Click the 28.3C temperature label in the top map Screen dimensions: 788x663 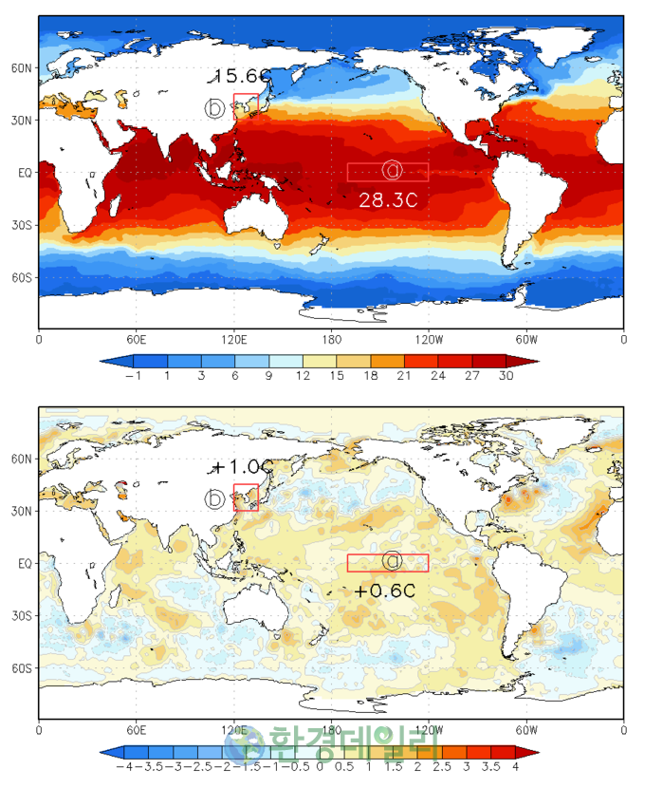click(x=388, y=199)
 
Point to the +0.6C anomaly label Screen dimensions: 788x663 click(x=386, y=591)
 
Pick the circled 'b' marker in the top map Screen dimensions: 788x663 click(x=215, y=107)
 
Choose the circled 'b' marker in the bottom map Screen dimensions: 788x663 click(x=215, y=498)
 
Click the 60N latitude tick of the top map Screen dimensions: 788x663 click(x=22, y=68)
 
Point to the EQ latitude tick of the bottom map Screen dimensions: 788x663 click(x=24, y=563)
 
